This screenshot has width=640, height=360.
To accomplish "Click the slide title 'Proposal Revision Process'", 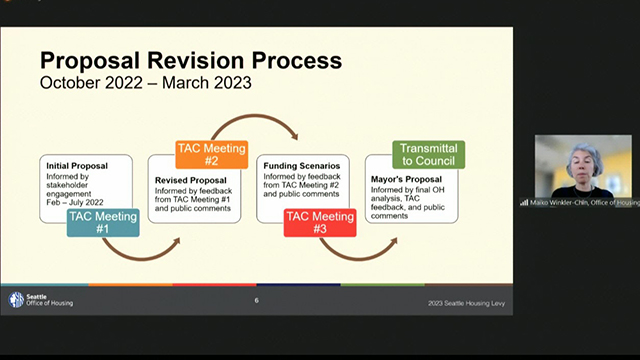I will [x=190, y=59].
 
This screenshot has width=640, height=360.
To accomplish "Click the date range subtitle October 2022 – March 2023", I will [x=146, y=82].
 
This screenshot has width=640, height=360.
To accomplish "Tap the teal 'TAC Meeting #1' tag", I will [x=103, y=222].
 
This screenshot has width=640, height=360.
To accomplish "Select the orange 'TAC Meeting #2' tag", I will [x=211, y=154].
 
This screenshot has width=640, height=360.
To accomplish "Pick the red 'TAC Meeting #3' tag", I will [x=320, y=222].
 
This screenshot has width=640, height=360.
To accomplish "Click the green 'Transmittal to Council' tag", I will [x=428, y=154].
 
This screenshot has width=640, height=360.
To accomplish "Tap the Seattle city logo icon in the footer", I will [x=16, y=300].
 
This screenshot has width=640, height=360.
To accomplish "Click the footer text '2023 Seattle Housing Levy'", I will [x=460, y=302].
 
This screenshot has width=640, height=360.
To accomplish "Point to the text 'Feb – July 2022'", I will [x=73, y=202].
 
